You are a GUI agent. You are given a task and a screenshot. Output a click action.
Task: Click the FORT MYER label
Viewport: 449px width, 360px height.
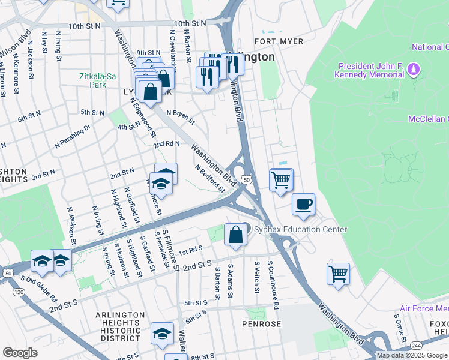click(x=279, y=41)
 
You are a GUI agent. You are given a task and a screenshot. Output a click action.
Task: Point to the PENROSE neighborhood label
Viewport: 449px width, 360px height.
click(x=261, y=324)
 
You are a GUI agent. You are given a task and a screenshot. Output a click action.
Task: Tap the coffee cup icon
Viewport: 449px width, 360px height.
click(x=304, y=203)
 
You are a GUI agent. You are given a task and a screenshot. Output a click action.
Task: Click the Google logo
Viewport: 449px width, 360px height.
click(x=20, y=353)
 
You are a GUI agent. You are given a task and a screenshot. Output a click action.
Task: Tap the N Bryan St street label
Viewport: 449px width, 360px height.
click(x=181, y=116)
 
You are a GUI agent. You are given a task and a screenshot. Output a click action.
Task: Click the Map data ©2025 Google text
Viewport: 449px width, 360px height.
click(x=412, y=355)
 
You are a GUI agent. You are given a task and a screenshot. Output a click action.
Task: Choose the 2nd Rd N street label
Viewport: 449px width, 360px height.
click(x=166, y=145)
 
